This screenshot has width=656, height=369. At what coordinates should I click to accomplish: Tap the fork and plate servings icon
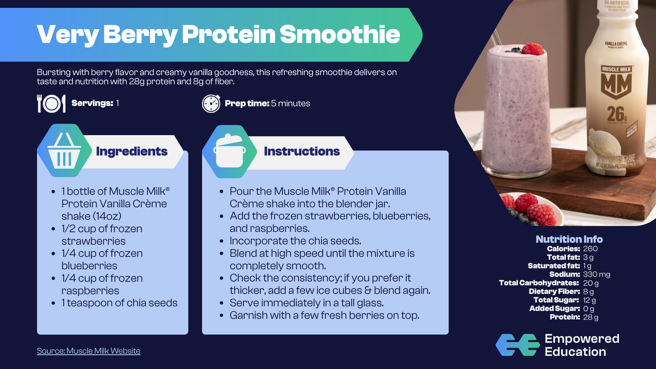click(51, 104)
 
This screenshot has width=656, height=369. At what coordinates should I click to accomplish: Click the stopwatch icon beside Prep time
click(211, 104)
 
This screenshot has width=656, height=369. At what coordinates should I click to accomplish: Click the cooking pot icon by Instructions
click(230, 151)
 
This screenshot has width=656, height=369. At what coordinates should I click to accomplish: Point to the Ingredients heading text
click(132, 151)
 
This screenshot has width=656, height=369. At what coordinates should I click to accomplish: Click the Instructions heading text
click(302, 151)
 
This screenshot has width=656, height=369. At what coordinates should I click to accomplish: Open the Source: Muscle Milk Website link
click(89, 351)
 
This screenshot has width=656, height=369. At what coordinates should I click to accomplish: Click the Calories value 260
click(590, 249)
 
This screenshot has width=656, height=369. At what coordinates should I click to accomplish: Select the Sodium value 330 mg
click(597, 274)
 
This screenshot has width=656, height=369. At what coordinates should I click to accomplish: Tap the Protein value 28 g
click(591, 317)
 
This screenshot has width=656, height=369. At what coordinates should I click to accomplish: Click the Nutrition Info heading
click(569, 239)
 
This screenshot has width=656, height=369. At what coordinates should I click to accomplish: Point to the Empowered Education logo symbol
click(518, 345)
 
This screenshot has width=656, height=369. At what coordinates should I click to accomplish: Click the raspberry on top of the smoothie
click(533, 49)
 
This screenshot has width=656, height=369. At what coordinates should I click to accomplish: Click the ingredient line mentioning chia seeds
click(119, 303)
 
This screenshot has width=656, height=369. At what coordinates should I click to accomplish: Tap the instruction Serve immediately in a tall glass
click(307, 303)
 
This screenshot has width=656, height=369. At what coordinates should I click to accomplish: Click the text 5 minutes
click(291, 103)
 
